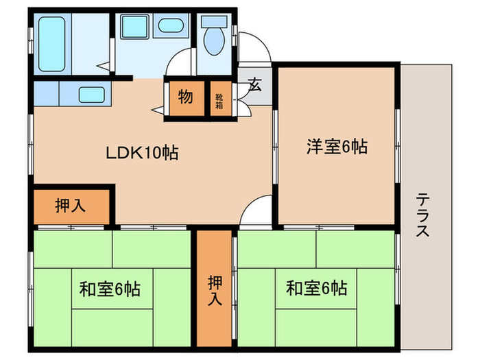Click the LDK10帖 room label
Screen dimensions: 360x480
coord(141,153)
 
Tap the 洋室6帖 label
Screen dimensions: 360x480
coord(336,145)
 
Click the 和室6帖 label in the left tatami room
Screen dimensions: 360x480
coord(110,289)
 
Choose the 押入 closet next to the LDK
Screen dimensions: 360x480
coord(70,206)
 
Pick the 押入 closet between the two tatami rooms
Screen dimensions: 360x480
coord(215,290)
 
